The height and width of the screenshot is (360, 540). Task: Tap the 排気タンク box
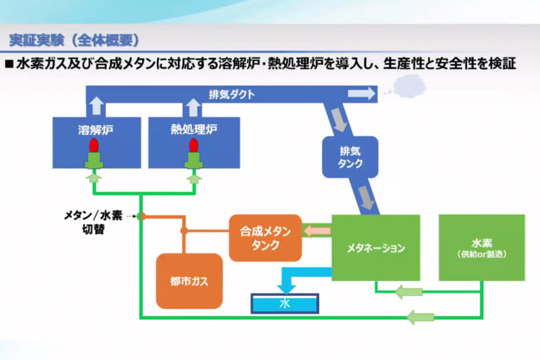(x=349, y=156)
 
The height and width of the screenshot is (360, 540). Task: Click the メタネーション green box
(x=375, y=248)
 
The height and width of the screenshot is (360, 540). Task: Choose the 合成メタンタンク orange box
(x=265, y=238)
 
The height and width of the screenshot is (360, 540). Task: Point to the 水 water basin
(x=285, y=304)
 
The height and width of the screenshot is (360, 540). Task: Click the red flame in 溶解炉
(x=93, y=146)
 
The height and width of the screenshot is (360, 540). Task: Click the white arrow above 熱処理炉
(x=192, y=106)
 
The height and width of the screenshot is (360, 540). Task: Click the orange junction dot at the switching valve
(x=141, y=216)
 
